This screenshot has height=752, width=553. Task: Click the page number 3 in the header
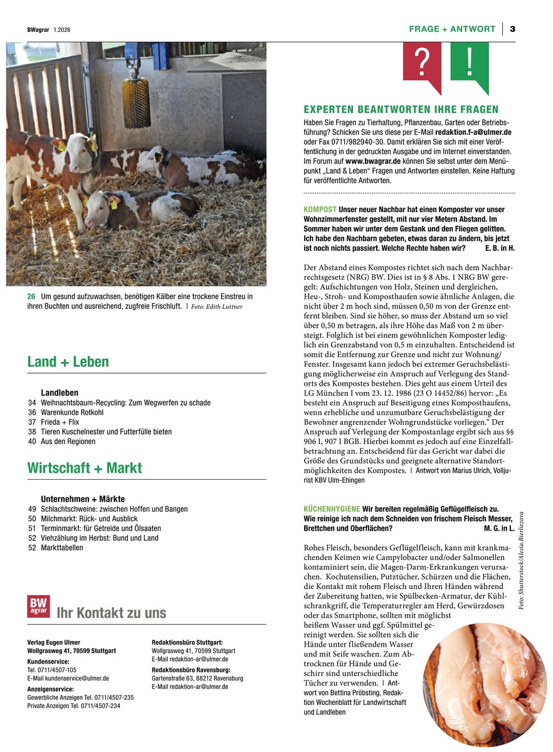(x=512, y=29)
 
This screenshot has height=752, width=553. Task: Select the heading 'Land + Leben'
(x=68, y=362)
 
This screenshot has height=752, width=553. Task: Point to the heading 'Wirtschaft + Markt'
(x=85, y=468)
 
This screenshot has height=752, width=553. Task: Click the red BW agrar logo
(x=38, y=606)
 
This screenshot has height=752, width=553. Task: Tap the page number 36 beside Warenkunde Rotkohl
(x=32, y=413)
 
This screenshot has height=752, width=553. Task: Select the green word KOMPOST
(x=320, y=209)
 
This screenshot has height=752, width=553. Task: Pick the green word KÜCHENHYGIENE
(x=332, y=509)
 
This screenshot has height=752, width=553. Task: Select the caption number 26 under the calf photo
(x=31, y=296)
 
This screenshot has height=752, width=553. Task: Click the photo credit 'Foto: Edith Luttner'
(x=216, y=307)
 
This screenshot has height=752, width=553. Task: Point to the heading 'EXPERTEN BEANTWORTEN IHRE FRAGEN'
(x=401, y=110)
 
